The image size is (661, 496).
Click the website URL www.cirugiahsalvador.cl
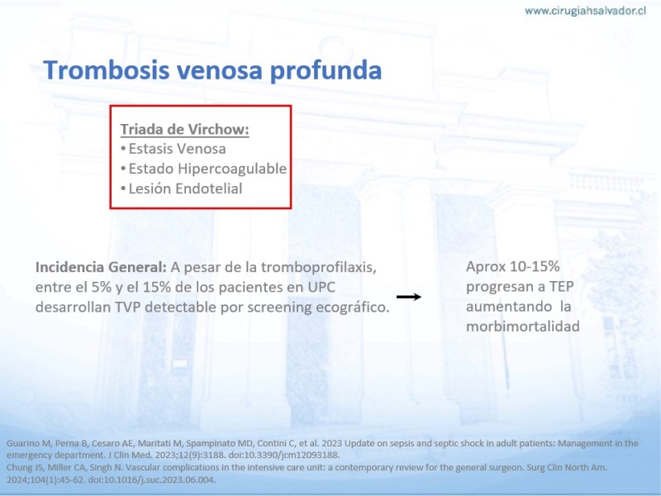[x=585, y=11]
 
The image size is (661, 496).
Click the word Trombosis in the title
[x=107, y=69]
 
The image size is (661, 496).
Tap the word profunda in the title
[x=326, y=70]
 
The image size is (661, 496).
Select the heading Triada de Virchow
[x=184, y=129]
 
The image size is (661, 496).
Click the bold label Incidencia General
[x=101, y=267]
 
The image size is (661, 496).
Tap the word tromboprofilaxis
[x=318, y=267]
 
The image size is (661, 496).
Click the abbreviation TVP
[x=128, y=307]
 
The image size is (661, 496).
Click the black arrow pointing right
[x=409, y=297]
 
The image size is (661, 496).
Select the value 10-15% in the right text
[x=535, y=266]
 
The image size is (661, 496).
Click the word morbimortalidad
[x=523, y=327]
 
